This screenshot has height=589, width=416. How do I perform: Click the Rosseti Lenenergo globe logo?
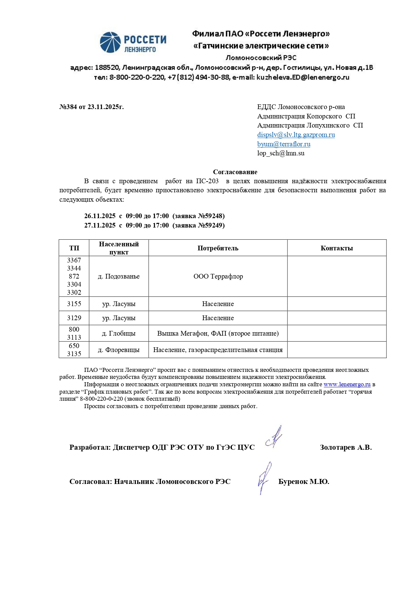tap(110, 42)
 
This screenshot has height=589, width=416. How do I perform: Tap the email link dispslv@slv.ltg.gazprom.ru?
tap(296, 135)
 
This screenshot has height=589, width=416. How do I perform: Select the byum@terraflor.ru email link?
tap(283, 144)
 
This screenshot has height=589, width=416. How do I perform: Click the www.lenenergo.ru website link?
tap(347, 385)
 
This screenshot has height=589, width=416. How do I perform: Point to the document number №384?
tap(68, 107)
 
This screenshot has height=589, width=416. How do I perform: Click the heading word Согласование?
tap(235, 172)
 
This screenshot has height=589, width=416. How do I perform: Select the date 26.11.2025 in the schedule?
tap(100, 216)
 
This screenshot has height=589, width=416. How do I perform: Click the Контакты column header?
tap(336, 248)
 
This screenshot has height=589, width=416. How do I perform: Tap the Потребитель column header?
tap(218, 248)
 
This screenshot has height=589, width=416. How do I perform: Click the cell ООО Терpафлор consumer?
tap(218, 277)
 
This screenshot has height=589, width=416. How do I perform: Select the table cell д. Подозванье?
tap(119, 277)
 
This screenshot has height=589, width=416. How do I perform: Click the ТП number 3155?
tap(74, 304)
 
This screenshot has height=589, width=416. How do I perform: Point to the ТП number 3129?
tap(74, 318)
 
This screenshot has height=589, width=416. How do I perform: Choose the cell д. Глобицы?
tap(119, 334)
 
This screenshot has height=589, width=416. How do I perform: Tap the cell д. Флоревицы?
tap(119, 350)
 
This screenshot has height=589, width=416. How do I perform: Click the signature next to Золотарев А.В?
tap(274, 438)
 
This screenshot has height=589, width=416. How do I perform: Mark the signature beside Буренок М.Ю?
tap(264, 478)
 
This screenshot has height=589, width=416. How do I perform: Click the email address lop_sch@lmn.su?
tap(281, 153)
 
